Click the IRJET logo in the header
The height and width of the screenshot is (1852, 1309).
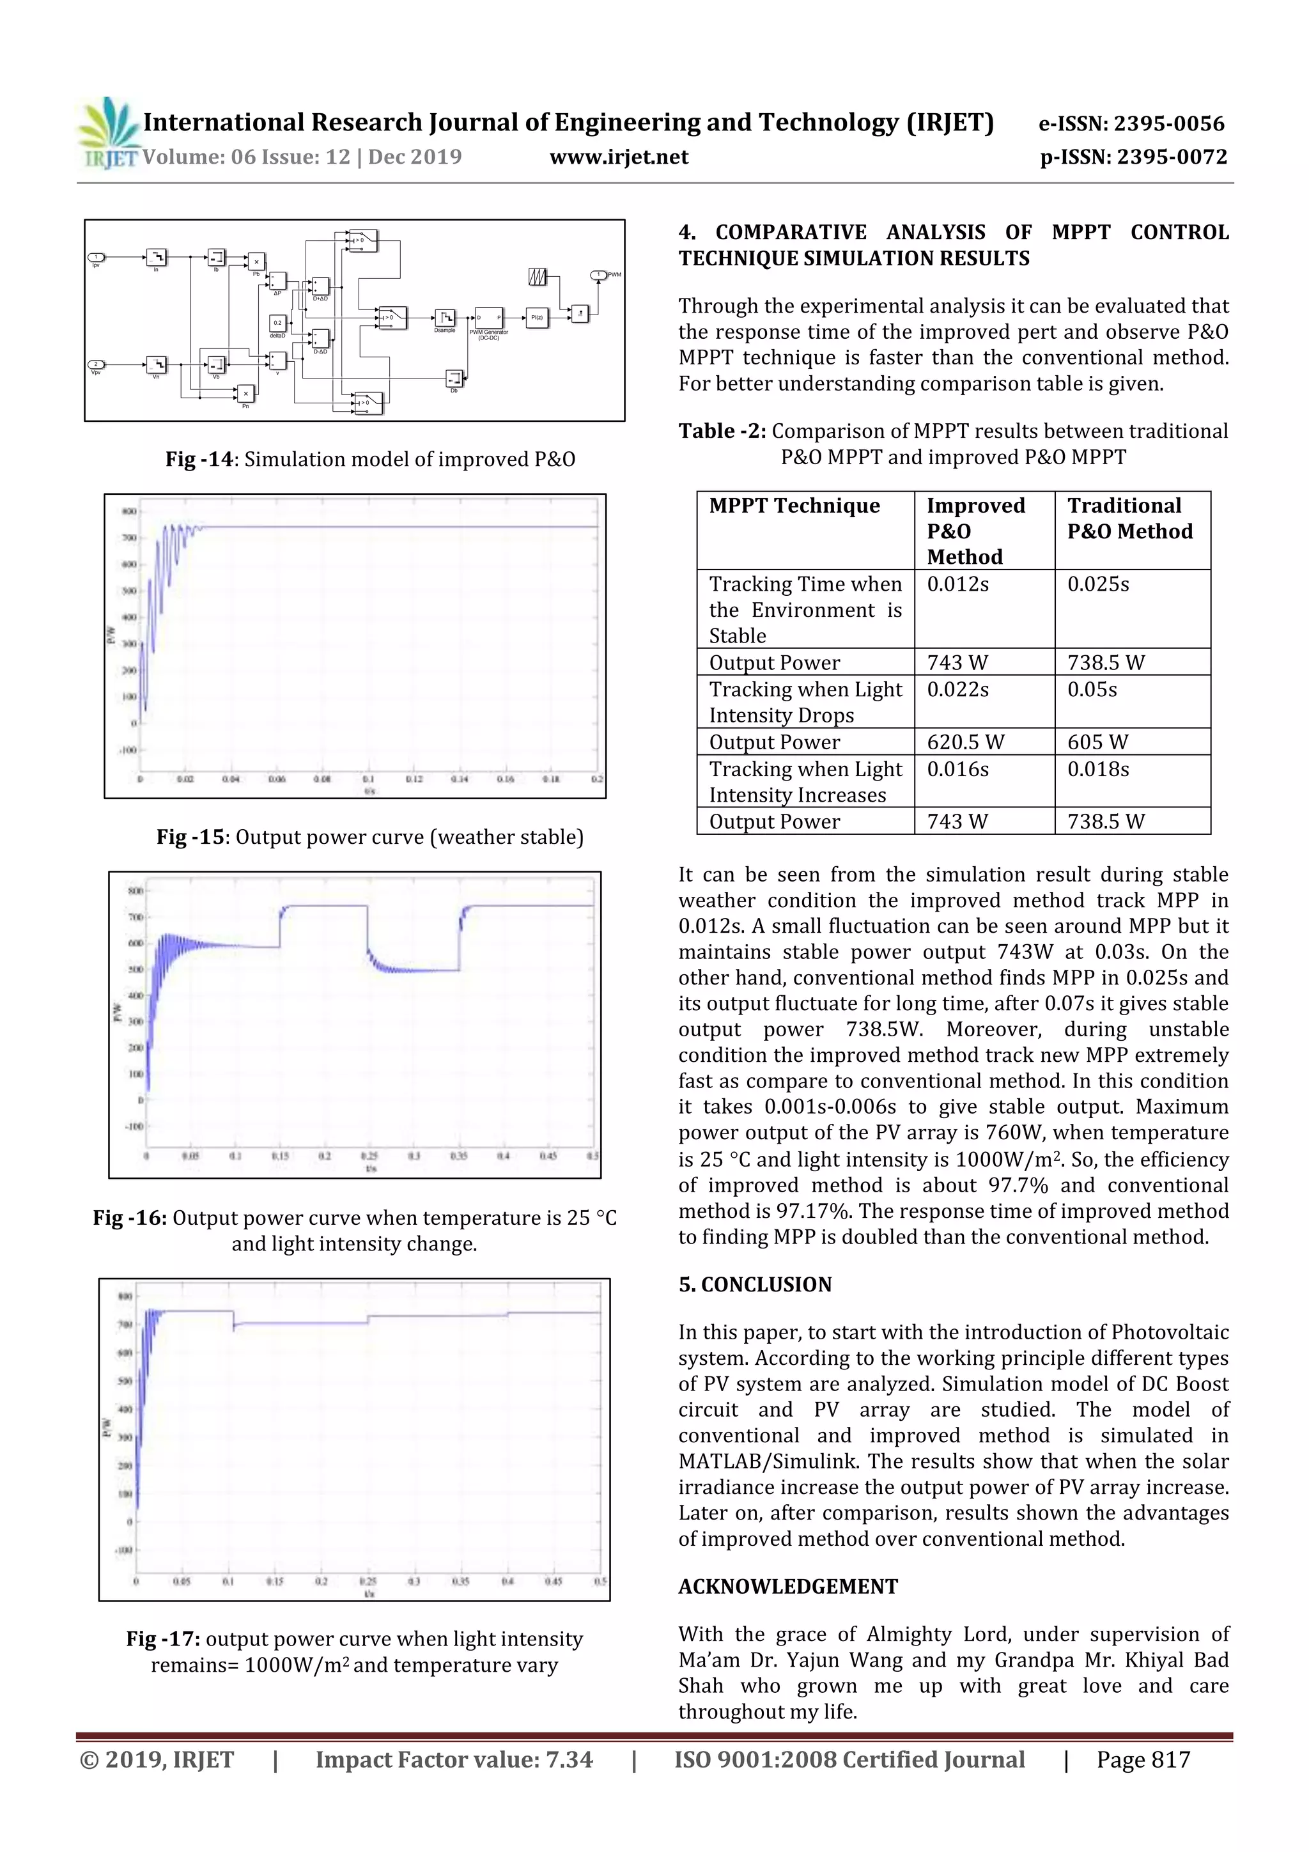(x=108, y=133)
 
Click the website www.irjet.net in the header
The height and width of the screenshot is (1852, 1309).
(x=619, y=157)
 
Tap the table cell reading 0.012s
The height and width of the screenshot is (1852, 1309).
(x=957, y=584)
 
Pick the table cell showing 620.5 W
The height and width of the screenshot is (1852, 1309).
(x=964, y=742)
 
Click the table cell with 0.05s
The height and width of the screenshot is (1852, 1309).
(x=1092, y=690)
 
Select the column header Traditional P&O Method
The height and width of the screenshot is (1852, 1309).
(x=1129, y=518)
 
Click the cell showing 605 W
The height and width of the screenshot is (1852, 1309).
(x=1097, y=742)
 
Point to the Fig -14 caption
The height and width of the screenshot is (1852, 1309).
(x=370, y=459)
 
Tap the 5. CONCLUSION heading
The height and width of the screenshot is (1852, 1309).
(x=754, y=1284)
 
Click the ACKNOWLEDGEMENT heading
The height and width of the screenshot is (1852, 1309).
(x=787, y=1587)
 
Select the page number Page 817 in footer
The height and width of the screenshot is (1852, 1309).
(x=1142, y=1759)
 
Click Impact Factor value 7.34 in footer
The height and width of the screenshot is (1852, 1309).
(x=453, y=1759)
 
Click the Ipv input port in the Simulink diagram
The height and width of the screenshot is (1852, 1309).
(x=96, y=258)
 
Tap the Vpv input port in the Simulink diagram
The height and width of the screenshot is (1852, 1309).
(x=96, y=364)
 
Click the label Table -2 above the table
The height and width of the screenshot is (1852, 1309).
(x=722, y=431)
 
